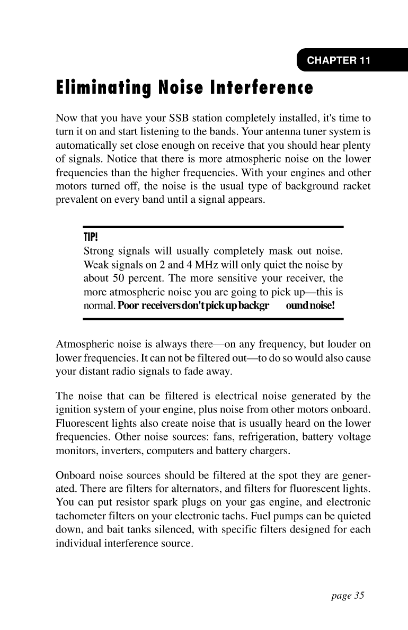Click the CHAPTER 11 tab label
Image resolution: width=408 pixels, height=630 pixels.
[339, 60]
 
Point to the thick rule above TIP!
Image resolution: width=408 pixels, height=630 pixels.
[214, 227]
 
